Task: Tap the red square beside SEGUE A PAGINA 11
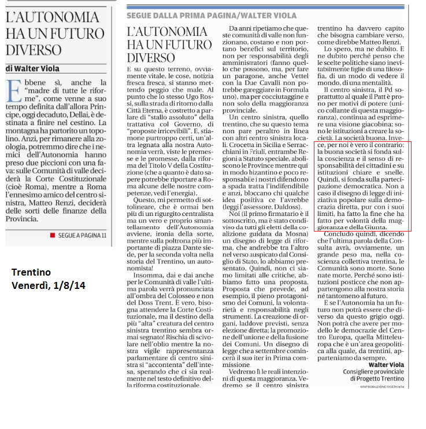[52, 235]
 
